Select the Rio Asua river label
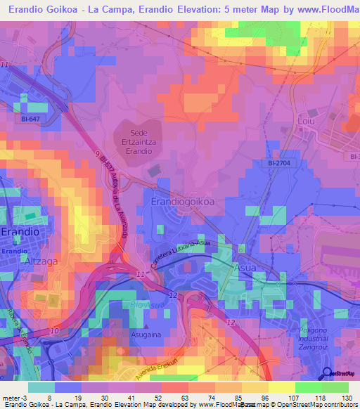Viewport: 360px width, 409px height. point(143,304)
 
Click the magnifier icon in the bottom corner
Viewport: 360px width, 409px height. point(326,373)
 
